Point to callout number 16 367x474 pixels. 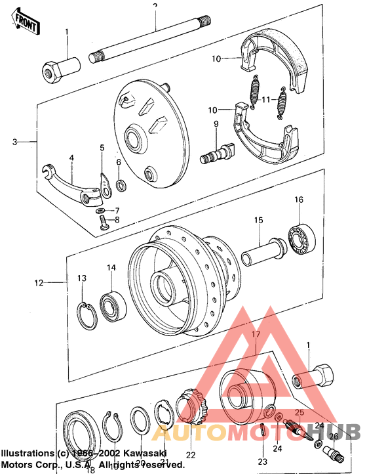298,200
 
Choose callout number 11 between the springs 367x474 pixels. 266,99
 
